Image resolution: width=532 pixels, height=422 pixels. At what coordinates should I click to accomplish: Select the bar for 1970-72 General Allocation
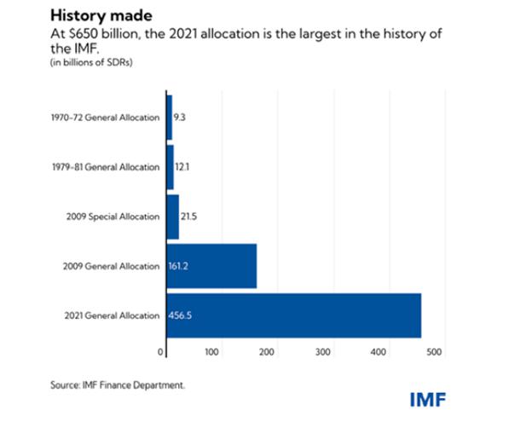(x=169, y=117)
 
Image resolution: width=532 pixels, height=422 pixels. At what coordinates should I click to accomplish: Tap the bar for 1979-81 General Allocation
(x=170, y=166)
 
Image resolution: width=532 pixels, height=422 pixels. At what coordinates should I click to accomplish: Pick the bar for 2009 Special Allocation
(x=172, y=216)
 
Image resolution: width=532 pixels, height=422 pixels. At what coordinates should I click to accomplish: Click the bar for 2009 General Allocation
(x=211, y=266)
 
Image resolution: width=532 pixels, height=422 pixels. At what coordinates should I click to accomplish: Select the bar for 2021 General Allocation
(x=292, y=315)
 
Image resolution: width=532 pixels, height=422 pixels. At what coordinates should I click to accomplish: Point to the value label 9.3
(x=180, y=117)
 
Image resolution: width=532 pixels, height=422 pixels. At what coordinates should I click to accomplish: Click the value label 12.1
(x=182, y=166)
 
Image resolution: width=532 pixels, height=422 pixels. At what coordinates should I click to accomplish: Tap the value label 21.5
(x=189, y=216)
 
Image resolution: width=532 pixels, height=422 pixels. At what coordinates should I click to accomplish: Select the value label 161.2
(x=181, y=266)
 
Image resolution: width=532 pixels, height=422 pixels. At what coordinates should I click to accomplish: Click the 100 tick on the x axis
(x=213, y=351)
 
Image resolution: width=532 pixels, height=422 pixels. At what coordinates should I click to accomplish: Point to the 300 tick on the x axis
(x=322, y=351)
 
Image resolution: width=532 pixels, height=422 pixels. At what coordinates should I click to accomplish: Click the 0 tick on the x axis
(x=161, y=351)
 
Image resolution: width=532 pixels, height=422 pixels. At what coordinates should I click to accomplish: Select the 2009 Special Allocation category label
(x=112, y=216)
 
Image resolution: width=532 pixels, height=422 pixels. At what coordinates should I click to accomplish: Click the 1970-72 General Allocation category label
(x=104, y=117)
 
